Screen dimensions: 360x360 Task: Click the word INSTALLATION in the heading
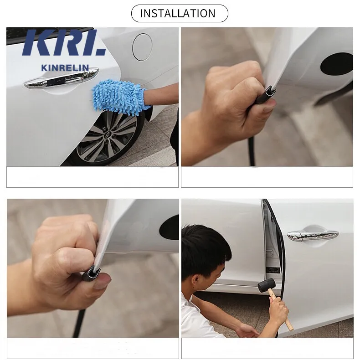(178, 13)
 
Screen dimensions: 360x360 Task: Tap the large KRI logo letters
(64, 42)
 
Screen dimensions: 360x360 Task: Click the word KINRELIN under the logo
(65, 68)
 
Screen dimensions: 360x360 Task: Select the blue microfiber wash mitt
(119, 96)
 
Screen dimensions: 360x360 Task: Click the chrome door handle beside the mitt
(62, 77)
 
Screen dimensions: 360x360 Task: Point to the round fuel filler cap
(142, 47)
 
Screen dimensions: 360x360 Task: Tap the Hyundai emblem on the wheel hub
(108, 135)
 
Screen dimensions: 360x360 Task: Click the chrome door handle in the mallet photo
(313, 236)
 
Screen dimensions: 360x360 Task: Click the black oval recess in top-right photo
(337, 64)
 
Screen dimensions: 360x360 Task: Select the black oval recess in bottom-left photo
(169, 227)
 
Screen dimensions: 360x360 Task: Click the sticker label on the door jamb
(273, 270)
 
